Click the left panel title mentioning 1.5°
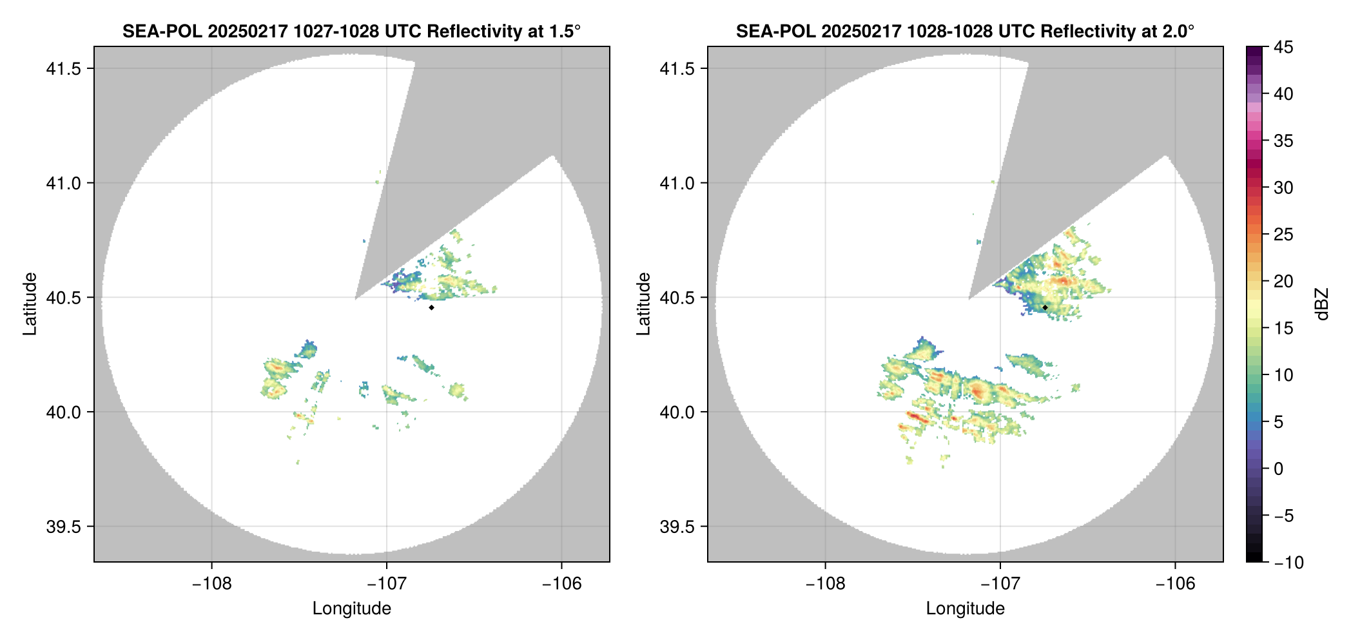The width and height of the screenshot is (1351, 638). (351, 31)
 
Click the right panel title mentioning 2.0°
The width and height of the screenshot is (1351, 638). (965, 31)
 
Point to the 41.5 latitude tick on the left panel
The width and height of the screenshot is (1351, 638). (64, 69)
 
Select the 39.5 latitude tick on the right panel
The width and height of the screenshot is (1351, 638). (677, 527)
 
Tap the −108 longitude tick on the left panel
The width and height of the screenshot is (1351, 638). (211, 583)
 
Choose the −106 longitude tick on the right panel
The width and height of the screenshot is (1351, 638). (1175, 583)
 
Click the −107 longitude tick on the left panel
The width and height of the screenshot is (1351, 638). (386, 583)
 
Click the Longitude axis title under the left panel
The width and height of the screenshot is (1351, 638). (351, 608)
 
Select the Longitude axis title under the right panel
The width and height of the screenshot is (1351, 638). (965, 608)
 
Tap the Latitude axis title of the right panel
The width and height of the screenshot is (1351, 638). (643, 304)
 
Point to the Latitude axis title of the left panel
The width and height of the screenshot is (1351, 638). (30, 304)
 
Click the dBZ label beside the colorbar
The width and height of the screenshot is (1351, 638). (1323, 304)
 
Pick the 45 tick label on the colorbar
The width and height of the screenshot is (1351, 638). (1283, 47)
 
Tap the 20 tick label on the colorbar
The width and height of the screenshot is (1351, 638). (1283, 282)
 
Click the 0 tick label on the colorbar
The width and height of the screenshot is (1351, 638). (1279, 469)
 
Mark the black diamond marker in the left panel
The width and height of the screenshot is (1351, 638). (431, 307)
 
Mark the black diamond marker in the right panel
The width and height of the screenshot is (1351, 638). (1045, 307)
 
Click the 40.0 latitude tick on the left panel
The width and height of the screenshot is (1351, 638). (64, 412)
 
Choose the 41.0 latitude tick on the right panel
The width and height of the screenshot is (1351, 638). (677, 183)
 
